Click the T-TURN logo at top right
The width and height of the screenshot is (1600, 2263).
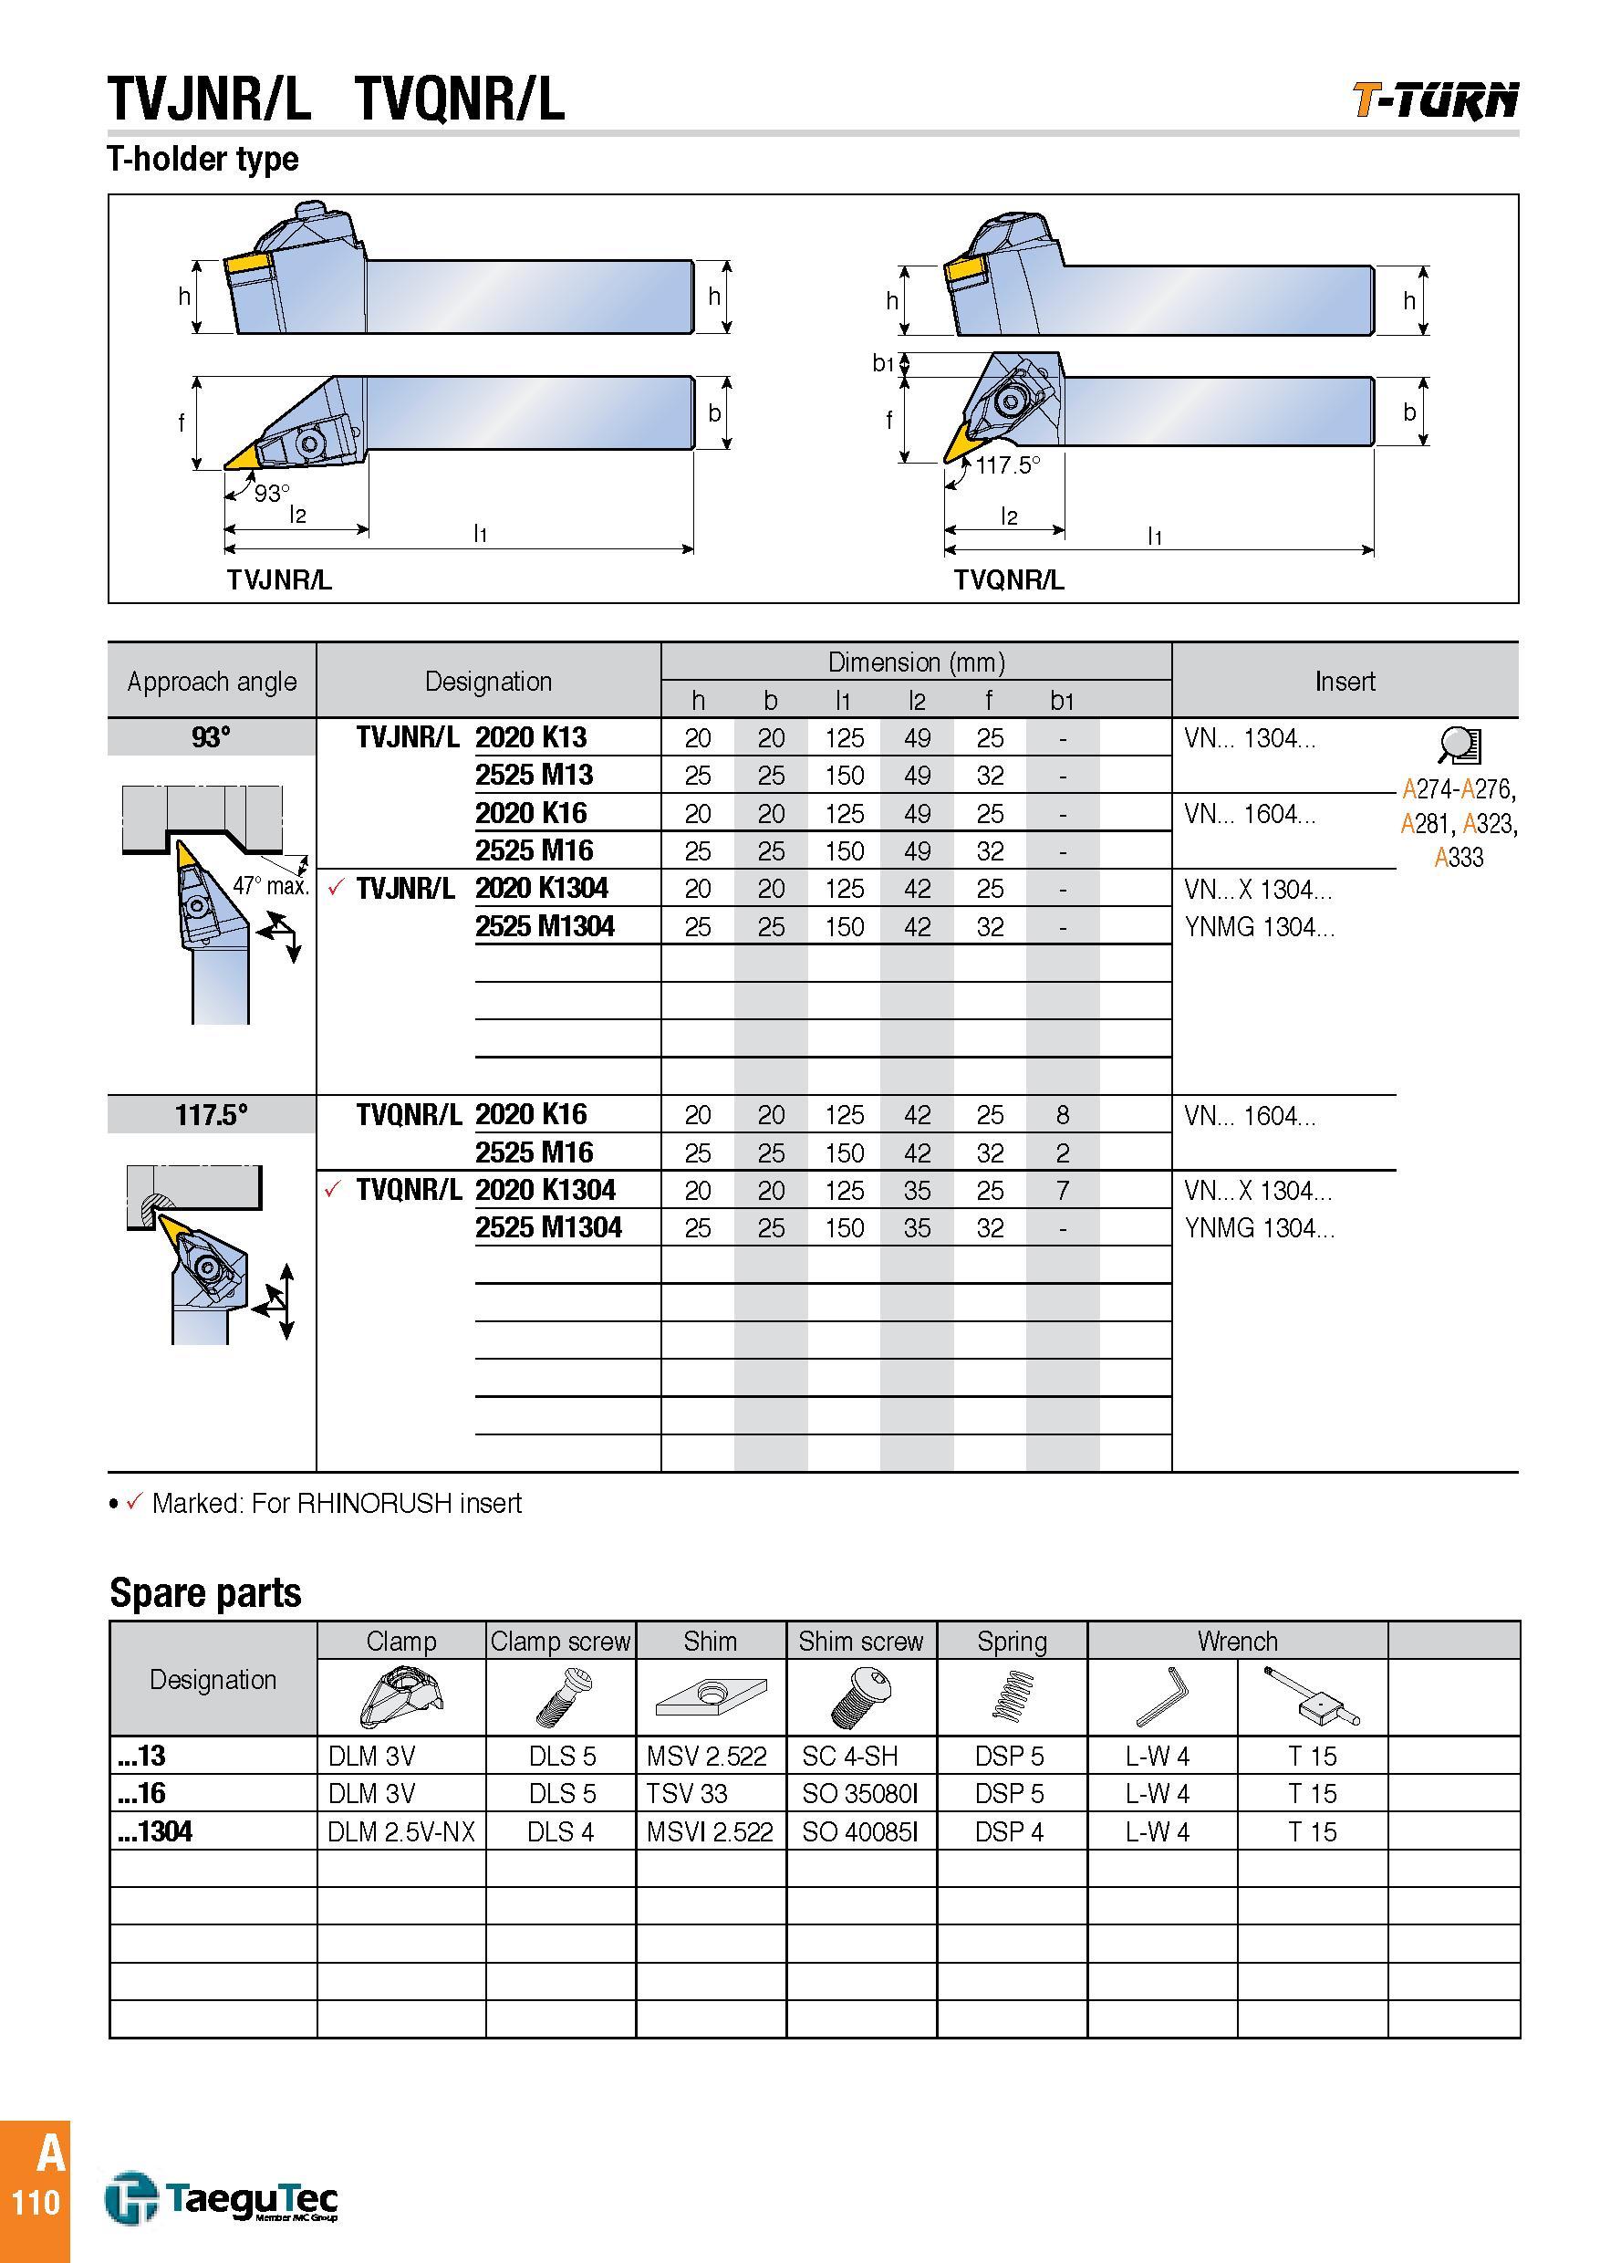[x=1435, y=100]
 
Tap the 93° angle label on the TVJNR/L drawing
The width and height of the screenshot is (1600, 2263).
[x=272, y=493]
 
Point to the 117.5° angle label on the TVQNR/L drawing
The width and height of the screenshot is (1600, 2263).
[x=1008, y=465]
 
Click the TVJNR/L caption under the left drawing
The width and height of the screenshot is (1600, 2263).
[x=280, y=579]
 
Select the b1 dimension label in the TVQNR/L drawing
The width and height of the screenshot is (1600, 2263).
[x=883, y=364]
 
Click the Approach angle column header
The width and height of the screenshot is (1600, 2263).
[x=212, y=681]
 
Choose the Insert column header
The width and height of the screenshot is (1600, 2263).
[x=1344, y=681]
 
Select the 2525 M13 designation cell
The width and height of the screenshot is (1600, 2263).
[x=534, y=775]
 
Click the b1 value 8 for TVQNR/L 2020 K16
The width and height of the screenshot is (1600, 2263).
[x=1062, y=1115]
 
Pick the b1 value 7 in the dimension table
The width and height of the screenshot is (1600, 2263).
[x=1062, y=1191]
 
